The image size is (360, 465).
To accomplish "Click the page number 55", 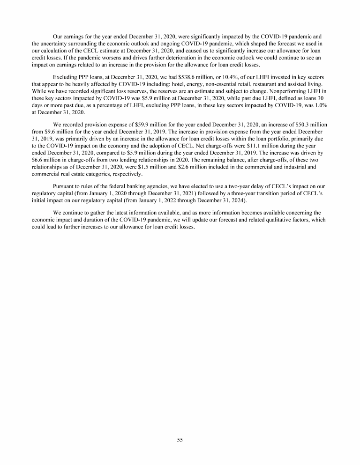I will click(x=180, y=439).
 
